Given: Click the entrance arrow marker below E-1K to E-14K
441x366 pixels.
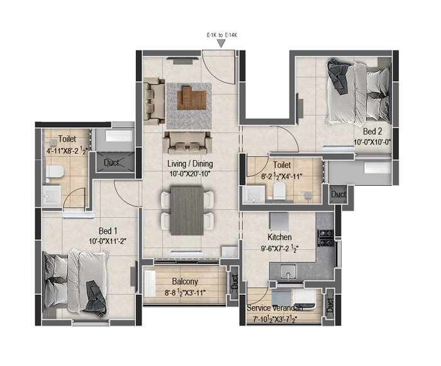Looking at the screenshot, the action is (x=221, y=43).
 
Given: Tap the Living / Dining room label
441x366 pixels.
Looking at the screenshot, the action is (x=190, y=164).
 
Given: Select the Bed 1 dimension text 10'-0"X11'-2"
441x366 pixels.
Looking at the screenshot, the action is (x=108, y=241).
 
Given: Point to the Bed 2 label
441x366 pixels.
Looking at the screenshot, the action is (x=372, y=132).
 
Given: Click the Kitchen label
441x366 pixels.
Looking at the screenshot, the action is (x=279, y=237).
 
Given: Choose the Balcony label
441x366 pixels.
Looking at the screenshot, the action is (x=185, y=281).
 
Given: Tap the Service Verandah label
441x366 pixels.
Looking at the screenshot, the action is (x=275, y=308).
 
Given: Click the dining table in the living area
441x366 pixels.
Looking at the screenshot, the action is (x=187, y=210).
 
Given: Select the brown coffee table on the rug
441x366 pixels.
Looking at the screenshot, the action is (x=192, y=98).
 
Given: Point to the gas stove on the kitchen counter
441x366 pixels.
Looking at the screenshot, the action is (x=326, y=238).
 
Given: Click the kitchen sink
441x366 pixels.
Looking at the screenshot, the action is (x=288, y=272).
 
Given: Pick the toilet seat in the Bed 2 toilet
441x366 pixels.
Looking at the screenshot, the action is (x=279, y=190).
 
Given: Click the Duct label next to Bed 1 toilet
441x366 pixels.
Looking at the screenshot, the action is (x=111, y=163).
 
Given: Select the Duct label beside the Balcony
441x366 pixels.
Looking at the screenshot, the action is (x=235, y=282).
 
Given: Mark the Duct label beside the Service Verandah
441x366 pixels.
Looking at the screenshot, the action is (x=330, y=306).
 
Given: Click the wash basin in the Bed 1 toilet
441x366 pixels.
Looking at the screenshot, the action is (x=52, y=196).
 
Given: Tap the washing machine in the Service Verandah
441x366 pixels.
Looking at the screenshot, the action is (x=305, y=299).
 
